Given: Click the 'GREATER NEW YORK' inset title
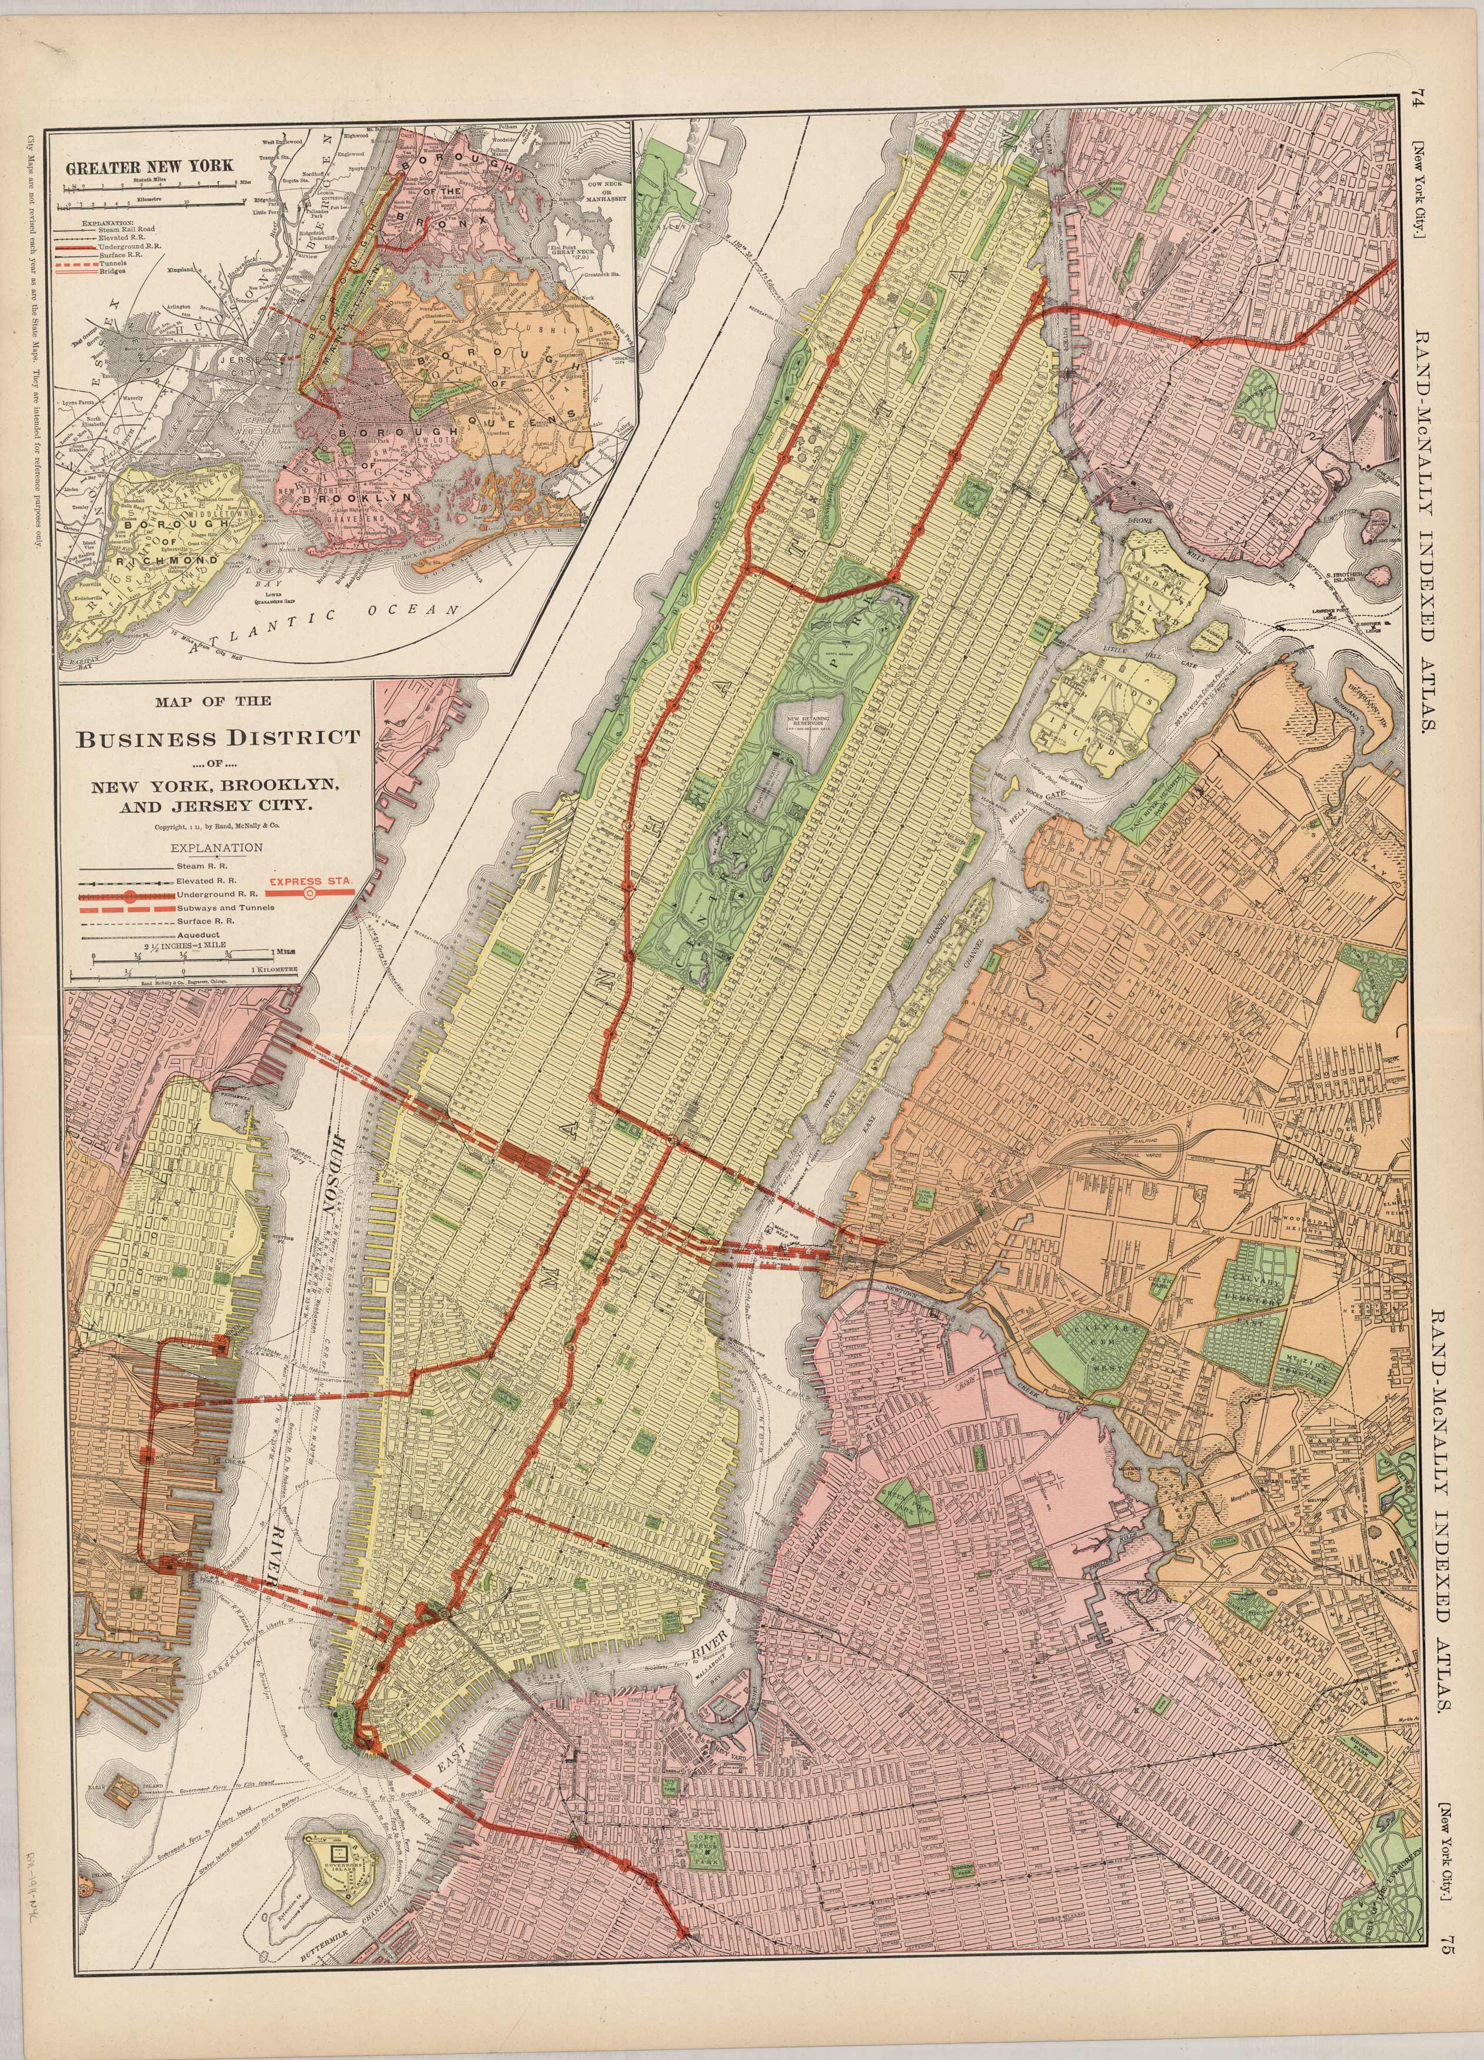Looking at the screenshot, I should (149, 166).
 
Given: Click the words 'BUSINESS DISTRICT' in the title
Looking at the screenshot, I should (217, 737).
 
